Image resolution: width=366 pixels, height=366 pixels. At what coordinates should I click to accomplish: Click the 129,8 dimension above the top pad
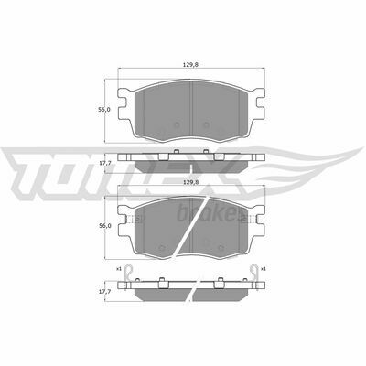(191, 64)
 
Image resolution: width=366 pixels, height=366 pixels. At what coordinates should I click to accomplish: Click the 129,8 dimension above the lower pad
(191, 182)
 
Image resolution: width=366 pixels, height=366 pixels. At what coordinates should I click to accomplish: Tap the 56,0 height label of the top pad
(104, 110)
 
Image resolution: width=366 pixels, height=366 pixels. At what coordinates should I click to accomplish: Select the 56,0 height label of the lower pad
(104, 226)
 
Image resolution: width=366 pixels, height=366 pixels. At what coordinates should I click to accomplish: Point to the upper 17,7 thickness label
(104, 163)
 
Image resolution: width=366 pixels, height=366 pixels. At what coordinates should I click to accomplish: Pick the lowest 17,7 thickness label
(104, 292)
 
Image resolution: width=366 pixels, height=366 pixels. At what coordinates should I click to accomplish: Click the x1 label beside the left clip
(119, 269)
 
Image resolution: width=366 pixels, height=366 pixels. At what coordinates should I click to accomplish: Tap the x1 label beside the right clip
(264, 269)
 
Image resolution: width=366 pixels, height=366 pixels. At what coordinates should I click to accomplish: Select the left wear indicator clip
(129, 272)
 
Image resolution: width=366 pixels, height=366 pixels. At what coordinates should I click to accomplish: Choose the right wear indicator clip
(253, 272)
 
